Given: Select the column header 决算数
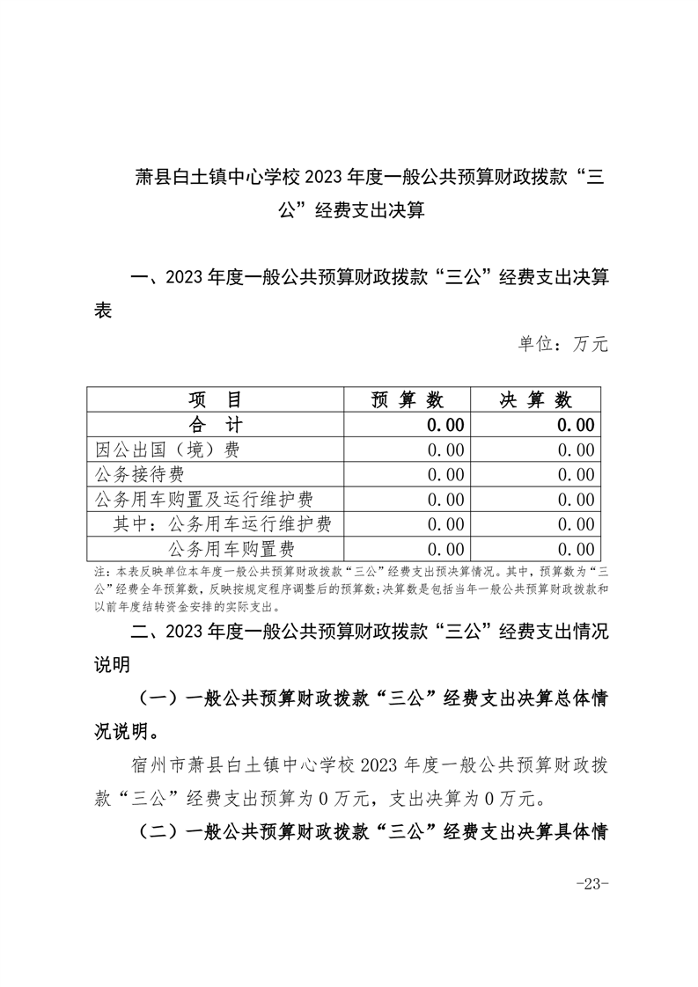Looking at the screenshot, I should pos(536,400).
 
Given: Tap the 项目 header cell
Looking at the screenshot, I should pos(217,400).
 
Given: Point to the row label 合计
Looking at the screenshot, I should pos(217,425).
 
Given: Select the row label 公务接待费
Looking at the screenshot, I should pos(140,475).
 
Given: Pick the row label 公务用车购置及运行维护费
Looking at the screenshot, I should pos(204,500).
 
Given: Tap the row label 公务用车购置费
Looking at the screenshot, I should pos(231,550).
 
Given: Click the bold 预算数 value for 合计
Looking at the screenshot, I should pos(445,425).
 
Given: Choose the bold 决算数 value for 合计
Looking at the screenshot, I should pos(575,425).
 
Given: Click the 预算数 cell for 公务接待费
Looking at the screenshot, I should pos(445,475).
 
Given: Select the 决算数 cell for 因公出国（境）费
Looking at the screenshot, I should pos(575,450).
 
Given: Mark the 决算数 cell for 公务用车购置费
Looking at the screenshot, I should pos(575,550).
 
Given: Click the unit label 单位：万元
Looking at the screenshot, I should pos(562,344).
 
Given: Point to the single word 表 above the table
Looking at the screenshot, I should pos(103,311).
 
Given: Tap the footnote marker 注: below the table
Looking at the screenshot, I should pos(99,571).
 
